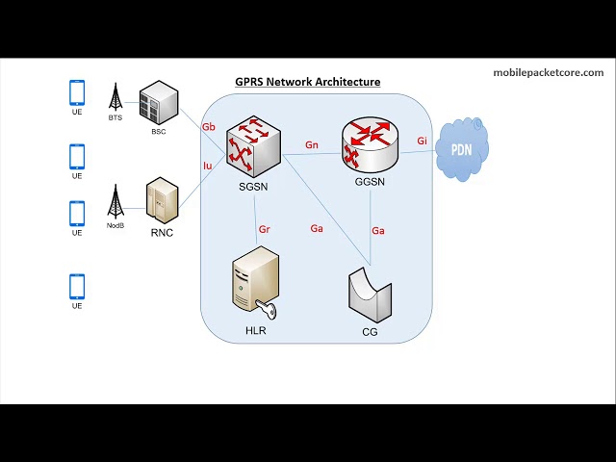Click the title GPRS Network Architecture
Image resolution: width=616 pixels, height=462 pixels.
pyautogui.click(x=307, y=82)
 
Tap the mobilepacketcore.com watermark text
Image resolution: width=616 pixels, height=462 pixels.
pyautogui.click(x=548, y=72)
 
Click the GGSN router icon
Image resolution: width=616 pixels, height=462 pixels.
pyautogui.click(x=370, y=143)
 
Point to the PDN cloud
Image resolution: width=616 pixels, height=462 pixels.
pyautogui.click(x=462, y=150)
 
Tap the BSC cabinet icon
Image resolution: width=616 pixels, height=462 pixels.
pyautogui.click(x=159, y=103)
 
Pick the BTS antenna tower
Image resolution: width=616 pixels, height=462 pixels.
pyautogui.click(x=115, y=97)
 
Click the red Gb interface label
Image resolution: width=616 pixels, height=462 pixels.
pyautogui.click(x=208, y=127)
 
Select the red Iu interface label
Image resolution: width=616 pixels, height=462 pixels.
pyautogui.click(x=207, y=166)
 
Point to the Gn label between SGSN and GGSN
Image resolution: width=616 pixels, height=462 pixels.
pyautogui.click(x=312, y=145)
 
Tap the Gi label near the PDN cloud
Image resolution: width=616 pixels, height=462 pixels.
pyautogui.click(x=422, y=141)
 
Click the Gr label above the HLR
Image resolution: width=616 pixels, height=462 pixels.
pyautogui.click(x=265, y=230)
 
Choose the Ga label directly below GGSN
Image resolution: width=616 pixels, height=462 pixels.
pyautogui.click(x=378, y=230)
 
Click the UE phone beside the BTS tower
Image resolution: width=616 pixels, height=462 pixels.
pyautogui.click(x=77, y=92)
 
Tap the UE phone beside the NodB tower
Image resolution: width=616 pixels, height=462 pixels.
pyautogui.click(x=77, y=213)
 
